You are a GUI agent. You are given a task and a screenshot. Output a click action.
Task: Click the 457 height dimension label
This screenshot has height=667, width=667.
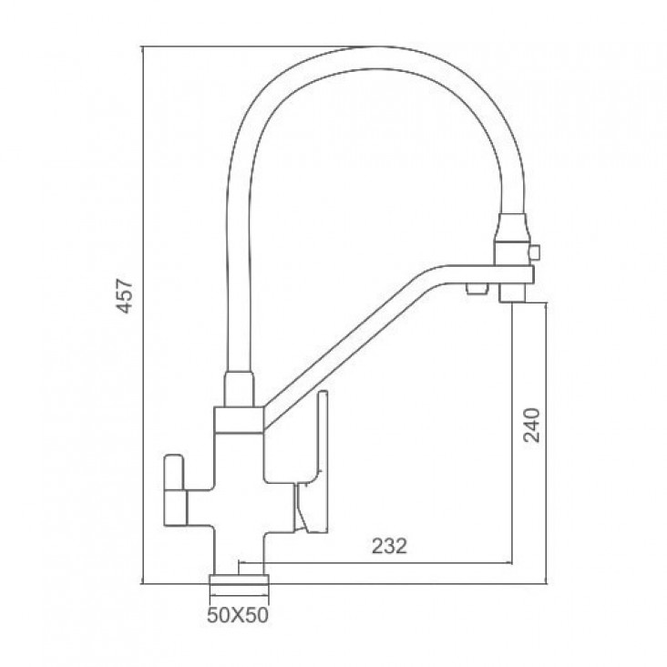pos(125,296)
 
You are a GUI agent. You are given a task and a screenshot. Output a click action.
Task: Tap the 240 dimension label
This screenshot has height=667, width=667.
pos(532,425)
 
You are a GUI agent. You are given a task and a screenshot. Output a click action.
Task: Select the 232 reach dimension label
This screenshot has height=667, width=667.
pos(389,546)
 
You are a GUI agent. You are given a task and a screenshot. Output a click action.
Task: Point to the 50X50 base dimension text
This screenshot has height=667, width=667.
pos(238,615)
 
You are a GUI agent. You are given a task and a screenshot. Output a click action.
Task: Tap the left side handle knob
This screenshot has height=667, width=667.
pos(175,489)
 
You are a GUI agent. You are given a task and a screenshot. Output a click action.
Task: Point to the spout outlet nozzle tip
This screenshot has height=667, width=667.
pos(511,294)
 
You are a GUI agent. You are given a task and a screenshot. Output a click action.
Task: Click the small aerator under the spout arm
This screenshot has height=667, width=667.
pos(477,289)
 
